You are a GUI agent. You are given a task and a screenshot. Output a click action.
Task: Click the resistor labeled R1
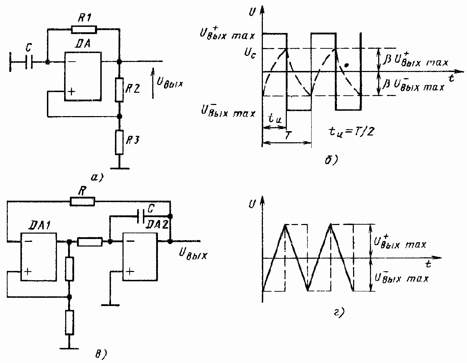pos(84,29)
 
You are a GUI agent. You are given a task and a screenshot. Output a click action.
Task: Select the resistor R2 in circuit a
pos(120,89)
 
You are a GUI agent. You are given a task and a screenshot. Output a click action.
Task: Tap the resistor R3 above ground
pos(120,142)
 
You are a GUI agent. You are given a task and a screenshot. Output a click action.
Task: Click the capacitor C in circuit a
pos(29,62)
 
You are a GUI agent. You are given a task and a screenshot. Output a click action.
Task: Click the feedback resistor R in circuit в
pos(83,201)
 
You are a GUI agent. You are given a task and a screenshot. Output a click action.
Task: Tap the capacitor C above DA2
pos(141,215)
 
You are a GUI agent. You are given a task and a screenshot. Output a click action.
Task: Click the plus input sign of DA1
pos(28,271)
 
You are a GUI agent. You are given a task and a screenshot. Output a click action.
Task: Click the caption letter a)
pos(97,177)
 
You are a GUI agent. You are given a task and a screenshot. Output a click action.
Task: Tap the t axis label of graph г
pos(428,264)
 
